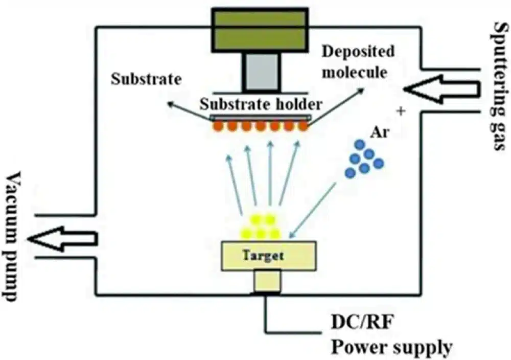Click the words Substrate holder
coord(261,105)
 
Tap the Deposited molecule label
coord(358,61)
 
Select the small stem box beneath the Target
coord(267,281)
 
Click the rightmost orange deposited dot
coord(304,126)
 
